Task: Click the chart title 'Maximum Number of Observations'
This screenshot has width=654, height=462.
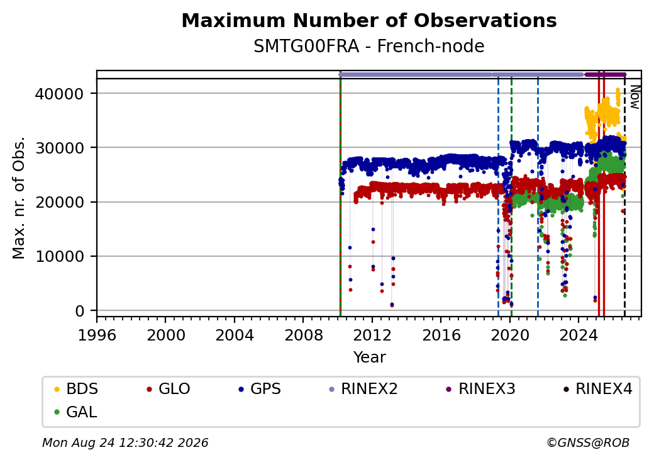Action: coord(369,20)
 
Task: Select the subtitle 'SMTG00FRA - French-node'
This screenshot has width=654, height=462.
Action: coord(369,47)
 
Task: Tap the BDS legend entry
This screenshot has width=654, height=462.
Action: coord(76,389)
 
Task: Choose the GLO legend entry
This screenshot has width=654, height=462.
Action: coord(169,389)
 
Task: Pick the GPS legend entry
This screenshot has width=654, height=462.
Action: coord(260,389)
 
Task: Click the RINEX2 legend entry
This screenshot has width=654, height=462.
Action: coord(363,389)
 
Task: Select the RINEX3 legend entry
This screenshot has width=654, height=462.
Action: coord(481,389)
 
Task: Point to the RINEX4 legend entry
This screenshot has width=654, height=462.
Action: coord(598,389)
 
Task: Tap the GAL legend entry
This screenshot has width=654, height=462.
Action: coord(76,412)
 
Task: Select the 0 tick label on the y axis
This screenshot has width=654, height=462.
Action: coord(80,312)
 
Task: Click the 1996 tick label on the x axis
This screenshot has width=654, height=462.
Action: coord(97,335)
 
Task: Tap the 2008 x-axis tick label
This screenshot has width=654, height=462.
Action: coord(303,335)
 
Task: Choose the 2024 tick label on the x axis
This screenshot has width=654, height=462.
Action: coord(578,335)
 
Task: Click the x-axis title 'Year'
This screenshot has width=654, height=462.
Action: coord(369,358)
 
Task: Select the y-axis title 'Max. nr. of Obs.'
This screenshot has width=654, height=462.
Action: coord(19,198)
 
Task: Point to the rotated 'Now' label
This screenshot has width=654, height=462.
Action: coord(635,97)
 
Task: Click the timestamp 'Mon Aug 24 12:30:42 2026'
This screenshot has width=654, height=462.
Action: coord(125,442)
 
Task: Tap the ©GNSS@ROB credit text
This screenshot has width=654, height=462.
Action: coord(588,442)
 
